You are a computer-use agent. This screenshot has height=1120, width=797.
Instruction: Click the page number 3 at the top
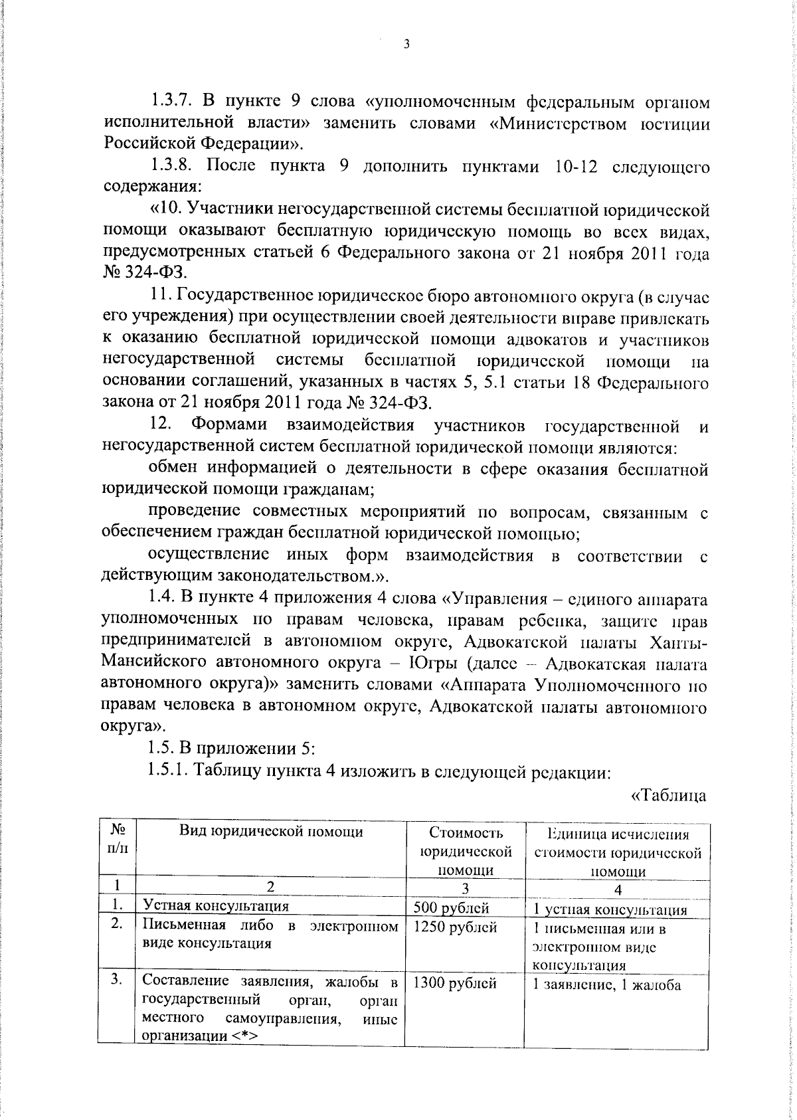(x=406, y=45)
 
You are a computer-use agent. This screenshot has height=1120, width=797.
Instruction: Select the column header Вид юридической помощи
(x=272, y=832)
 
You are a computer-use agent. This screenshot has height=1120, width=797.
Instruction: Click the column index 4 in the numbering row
(x=618, y=891)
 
